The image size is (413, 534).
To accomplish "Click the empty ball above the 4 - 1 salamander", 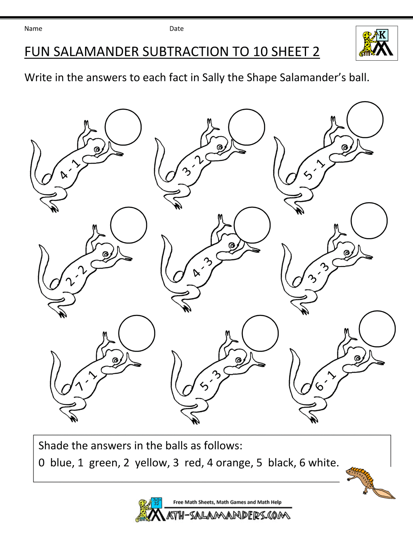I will point(123,127).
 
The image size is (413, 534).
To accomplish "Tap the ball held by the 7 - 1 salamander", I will point(137,333).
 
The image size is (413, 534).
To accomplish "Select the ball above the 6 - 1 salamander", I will point(377,329).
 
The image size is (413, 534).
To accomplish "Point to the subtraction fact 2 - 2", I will point(76,276).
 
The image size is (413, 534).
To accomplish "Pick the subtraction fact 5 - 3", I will point(211,380).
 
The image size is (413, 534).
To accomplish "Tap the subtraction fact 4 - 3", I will point(202,267).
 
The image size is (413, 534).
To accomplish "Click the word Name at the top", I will point(33,28).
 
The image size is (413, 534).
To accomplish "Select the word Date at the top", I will point(176,28).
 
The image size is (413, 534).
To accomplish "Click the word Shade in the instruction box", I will point(54,446).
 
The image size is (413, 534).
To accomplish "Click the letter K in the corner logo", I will point(382,35).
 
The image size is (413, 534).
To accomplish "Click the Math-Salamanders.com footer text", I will point(228,515).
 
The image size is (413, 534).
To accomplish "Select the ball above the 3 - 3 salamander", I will point(369,221).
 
